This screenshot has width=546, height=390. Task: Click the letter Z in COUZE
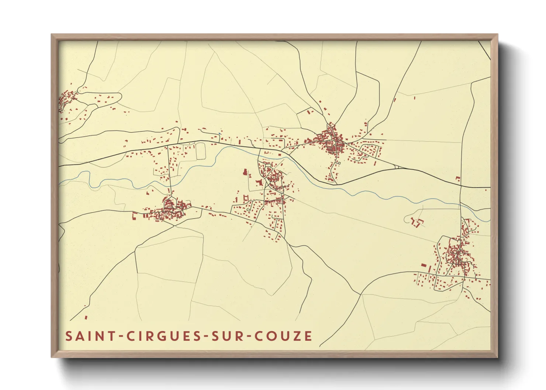[x=297, y=336]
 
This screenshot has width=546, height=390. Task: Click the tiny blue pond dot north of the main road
[x=220, y=133]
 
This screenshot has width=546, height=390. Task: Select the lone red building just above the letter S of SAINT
[x=86, y=317]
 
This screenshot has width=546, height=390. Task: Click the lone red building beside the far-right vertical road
[x=458, y=178]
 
